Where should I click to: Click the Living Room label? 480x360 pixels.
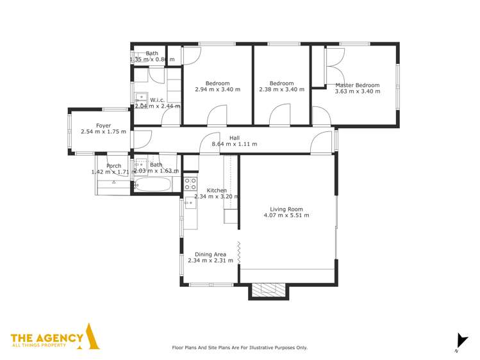[x=286, y=209]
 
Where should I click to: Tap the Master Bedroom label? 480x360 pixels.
[x=357, y=85]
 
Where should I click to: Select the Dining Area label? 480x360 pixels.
[x=211, y=254]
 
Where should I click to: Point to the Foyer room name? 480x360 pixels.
[x=103, y=126]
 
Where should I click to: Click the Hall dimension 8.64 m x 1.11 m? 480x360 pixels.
[x=234, y=145]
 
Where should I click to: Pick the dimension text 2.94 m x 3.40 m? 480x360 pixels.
[x=217, y=90]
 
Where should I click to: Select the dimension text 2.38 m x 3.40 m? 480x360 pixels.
[x=281, y=90]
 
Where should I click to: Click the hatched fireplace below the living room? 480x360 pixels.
[x=269, y=291]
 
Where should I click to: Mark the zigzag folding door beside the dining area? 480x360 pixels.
[x=238, y=252]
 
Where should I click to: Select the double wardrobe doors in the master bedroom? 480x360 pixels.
[x=331, y=67]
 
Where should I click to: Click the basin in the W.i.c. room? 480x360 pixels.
[x=139, y=98]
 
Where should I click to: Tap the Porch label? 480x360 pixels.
[x=113, y=166]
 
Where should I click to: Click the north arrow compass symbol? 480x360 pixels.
[x=459, y=341]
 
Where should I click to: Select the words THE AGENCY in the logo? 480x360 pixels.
[x=47, y=337]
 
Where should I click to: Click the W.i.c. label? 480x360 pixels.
[x=157, y=100]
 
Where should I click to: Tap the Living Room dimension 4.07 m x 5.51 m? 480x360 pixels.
[x=286, y=216]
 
